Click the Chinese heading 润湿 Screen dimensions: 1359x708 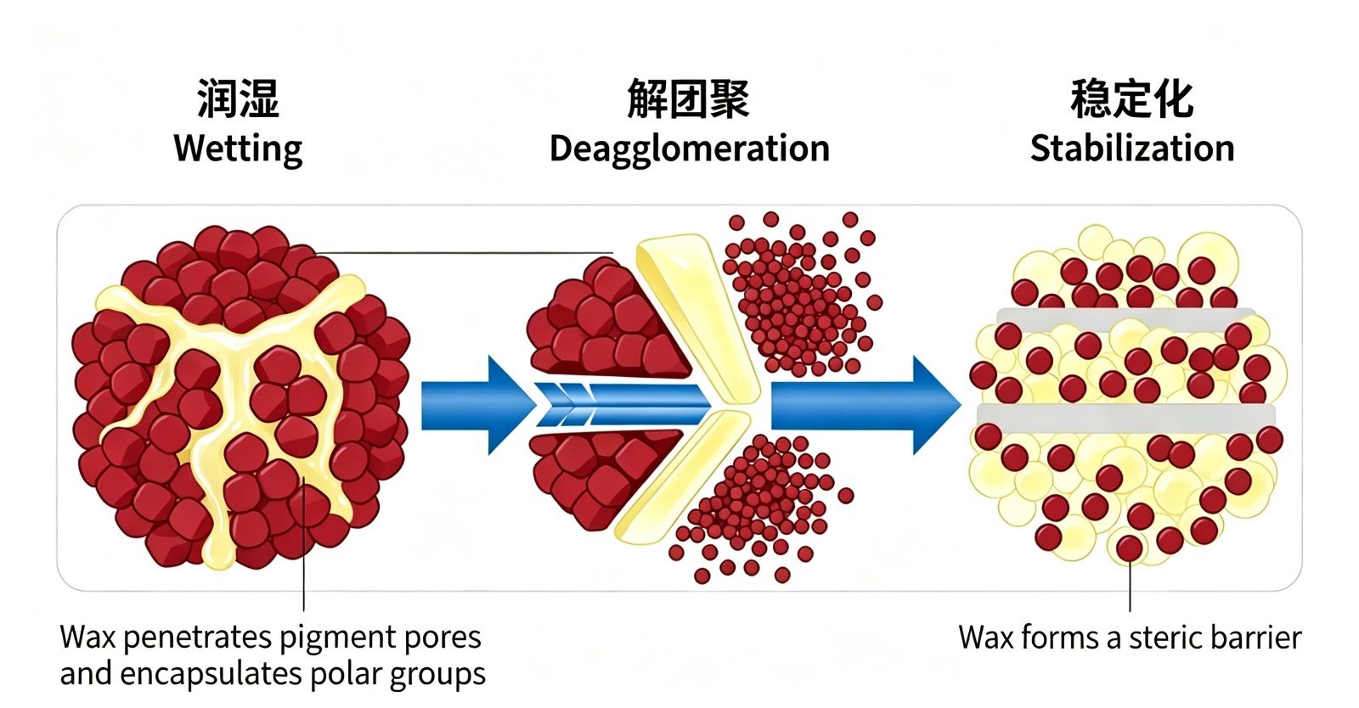coord(238,98)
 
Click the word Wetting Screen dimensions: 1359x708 coord(238,149)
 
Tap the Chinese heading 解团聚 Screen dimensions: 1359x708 coord(689,98)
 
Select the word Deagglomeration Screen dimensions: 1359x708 coord(689,149)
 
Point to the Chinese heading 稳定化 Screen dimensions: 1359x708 coord(1132,98)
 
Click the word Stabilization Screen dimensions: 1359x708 coord(1132,148)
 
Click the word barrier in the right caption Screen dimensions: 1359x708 coord(1256,638)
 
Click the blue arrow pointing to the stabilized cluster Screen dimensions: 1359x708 coord(866,405)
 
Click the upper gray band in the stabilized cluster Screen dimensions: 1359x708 coord(1126,320)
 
